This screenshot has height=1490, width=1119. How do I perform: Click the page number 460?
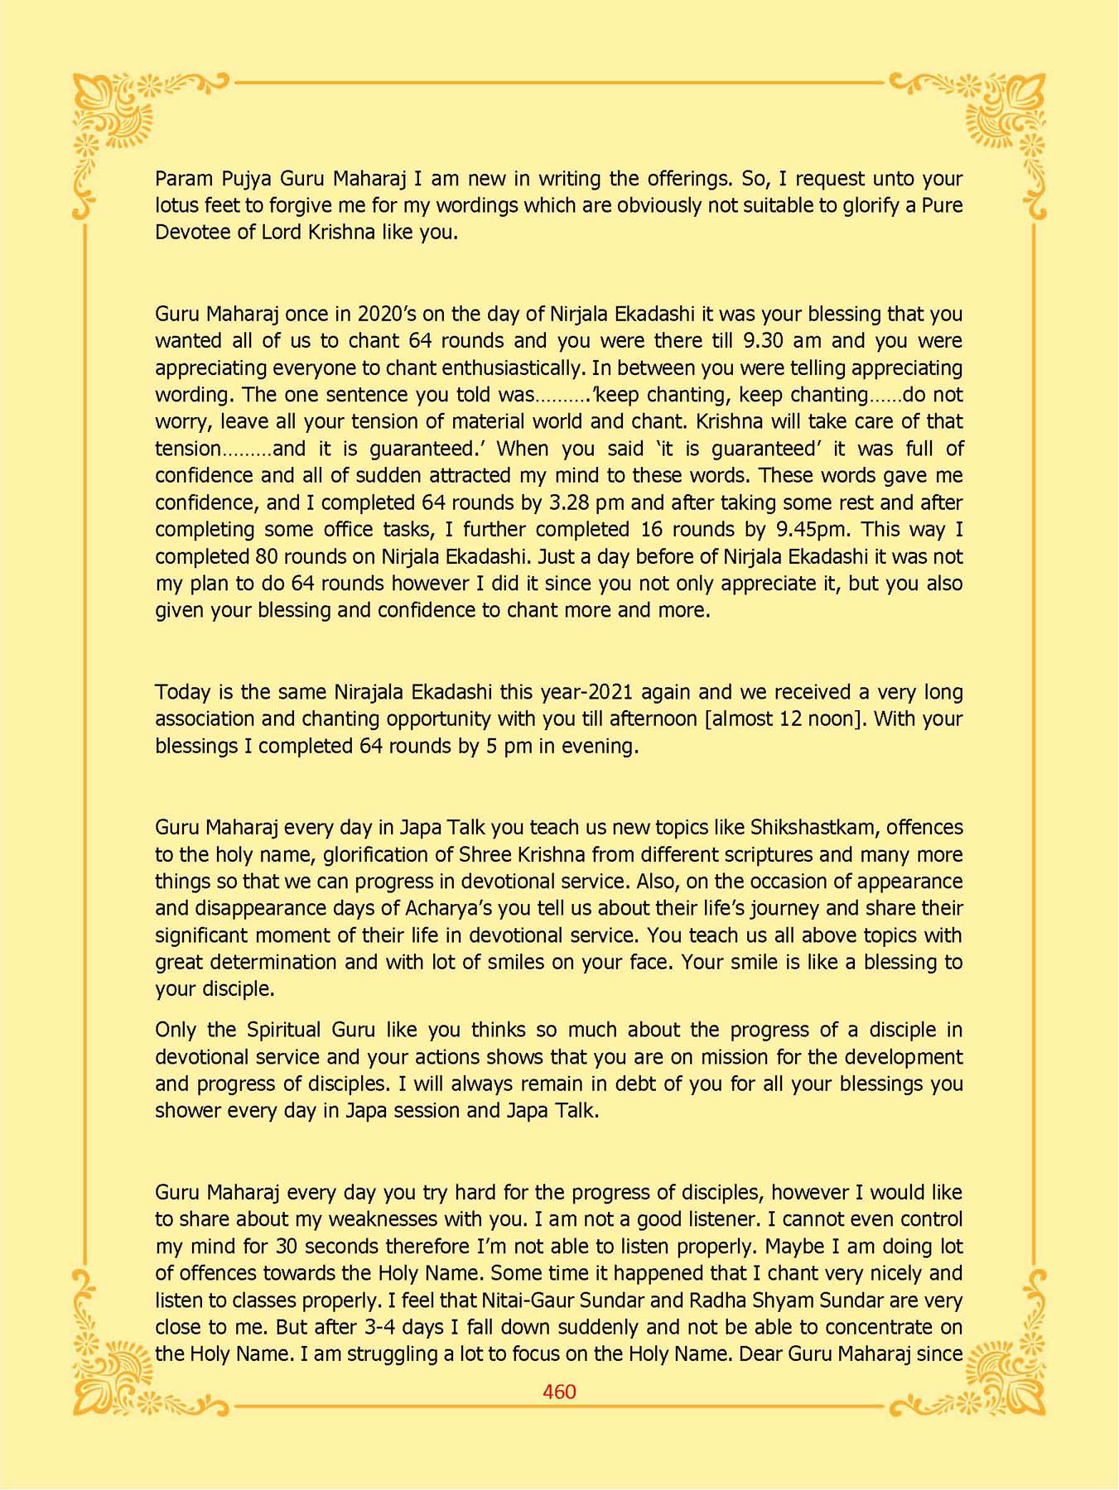(559, 1391)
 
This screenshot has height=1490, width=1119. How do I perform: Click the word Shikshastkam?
(812, 827)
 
